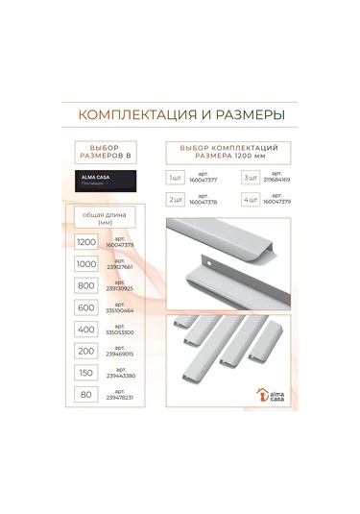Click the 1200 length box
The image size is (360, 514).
pos(86,243)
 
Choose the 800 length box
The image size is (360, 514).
pos(86,286)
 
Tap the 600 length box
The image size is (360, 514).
pos(86,308)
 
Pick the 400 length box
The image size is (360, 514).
pos(86,330)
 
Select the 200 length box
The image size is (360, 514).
pos(86,353)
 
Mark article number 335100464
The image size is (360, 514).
pos(127,308)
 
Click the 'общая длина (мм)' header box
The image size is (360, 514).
pos(106,217)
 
